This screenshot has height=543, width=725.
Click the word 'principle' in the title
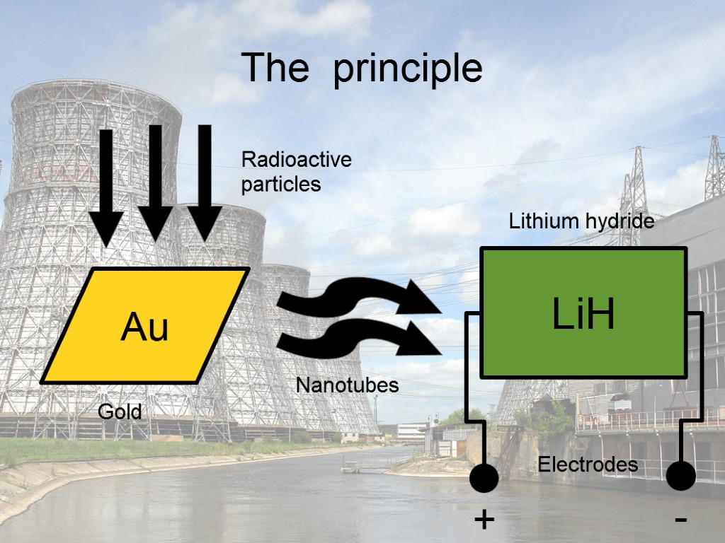[x=408, y=69]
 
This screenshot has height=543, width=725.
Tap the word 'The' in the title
[x=275, y=68]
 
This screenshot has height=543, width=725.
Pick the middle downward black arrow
[x=156, y=184]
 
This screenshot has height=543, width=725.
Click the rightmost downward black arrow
[x=205, y=184]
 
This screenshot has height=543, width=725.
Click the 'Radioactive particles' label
[x=296, y=172]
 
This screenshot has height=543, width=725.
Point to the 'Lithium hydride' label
[x=581, y=221]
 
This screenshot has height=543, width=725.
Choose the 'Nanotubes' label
[x=347, y=385]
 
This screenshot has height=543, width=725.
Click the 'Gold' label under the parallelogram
[x=120, y=411]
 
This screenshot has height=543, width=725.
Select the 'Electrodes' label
[x=588, y=465]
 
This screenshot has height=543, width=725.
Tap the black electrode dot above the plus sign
[x=484, y=478]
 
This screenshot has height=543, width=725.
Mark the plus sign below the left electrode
[x=484, y=521]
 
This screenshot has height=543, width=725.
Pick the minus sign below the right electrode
[x=681, y=521]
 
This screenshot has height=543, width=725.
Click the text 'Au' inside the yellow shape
[x=144, y=327]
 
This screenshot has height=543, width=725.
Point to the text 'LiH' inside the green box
[x=583, y=315]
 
